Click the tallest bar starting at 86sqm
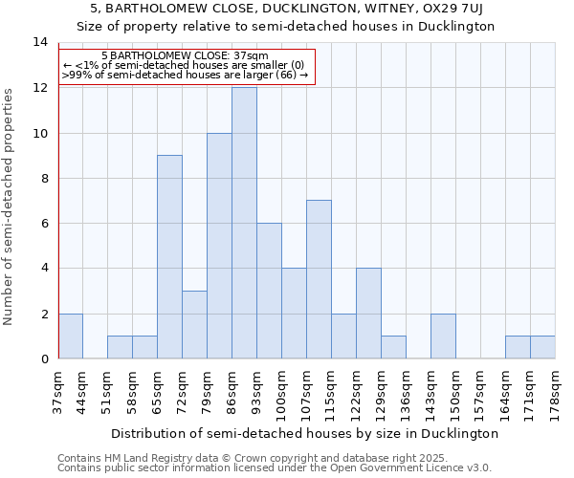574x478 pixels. pos(244,223)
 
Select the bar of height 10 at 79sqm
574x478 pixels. pos(219,246)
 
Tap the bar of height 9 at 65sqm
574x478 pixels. pos(169,257)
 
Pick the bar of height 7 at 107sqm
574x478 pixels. pos(319,279)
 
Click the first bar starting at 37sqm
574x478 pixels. pos(70,336)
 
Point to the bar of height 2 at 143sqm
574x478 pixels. pos(443,336)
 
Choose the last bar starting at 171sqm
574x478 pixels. pos(542,347)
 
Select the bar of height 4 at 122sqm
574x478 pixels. pos(368,314)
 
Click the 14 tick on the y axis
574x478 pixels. pos(40,42)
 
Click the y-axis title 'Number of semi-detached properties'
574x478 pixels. pos(10,206)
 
